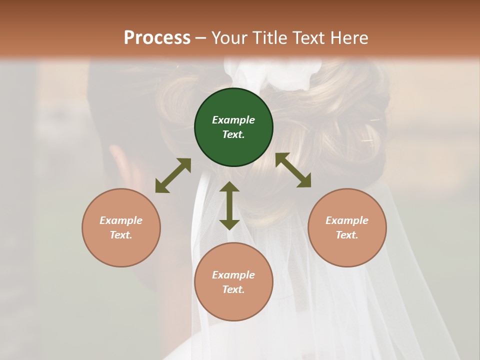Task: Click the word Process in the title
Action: click(157, 38)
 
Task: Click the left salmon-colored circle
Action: click(121, 227)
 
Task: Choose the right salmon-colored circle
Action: click(347, 227)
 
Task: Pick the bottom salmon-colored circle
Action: click(233, 282)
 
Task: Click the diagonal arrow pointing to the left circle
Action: click(173, 175)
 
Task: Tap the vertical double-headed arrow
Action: click(229, 205)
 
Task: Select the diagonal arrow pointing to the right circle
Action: click(293, 170)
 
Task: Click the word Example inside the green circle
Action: click(233, 120)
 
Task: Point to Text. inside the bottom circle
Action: click(233, 289)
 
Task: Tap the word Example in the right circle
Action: click(347, 220)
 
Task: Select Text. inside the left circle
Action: click(121, 235)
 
